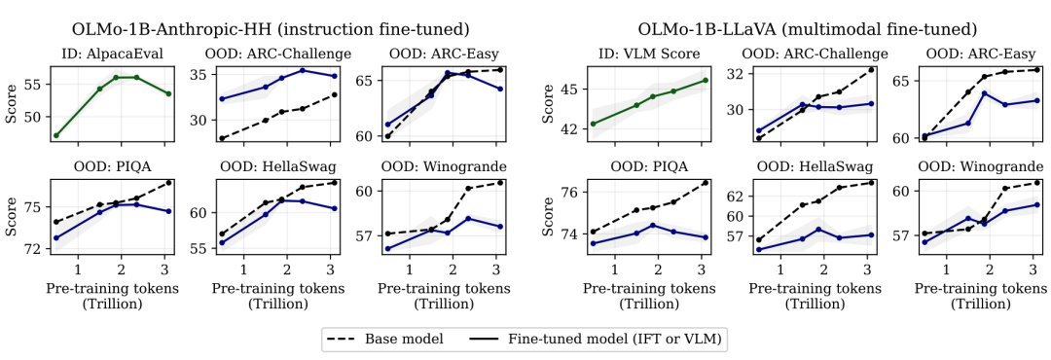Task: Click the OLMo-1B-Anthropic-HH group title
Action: pyautogui.click(x=270, y=29)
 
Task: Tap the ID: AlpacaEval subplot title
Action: pyautogui.click(x=111, y=54)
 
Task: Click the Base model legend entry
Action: pyautogui.click(x=384, y=339)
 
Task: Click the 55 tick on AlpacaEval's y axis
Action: pyautogui.click(x=33, y=85)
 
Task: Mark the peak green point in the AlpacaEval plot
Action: pyautogui.click(x=116, y=77)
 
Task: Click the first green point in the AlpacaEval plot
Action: pyautogui.click(x=55, y=135)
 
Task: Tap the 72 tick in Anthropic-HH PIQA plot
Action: pyautogui.click(x=33, y=249)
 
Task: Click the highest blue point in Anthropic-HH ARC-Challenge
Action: pyautogui.click(x=303, y=70)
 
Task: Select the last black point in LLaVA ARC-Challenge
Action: pyautogui.click(x=871, y=70)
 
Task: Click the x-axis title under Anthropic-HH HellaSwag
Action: pyautogui.click(x=277, y=295)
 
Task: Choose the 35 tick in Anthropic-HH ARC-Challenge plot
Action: pyautogui.click(x=199, y=75)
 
